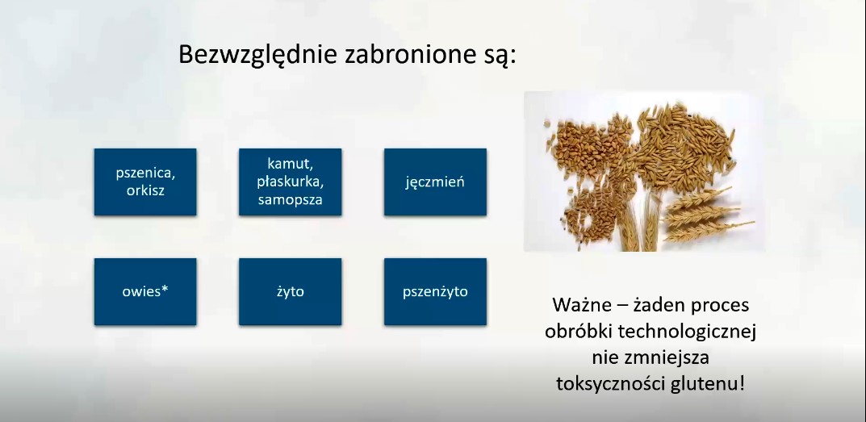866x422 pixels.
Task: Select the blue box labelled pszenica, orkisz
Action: [x=145, y=182]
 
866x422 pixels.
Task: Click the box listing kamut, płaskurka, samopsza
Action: [x=290, y=182]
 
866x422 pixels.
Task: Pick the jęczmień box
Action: [x=435, y=182]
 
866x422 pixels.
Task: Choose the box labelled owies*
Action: [x=145, y=291]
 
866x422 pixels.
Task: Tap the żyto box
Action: [x=290, y=291]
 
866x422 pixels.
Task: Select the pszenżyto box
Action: [x=435, y=291]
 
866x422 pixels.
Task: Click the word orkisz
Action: [x=145, y=190]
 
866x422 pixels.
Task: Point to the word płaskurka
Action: [x=290, y=182]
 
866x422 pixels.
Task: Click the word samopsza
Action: [x=290, y=200]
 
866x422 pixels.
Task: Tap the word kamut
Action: [x=290, y=164]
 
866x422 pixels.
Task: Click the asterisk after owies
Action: [x=165, y=288]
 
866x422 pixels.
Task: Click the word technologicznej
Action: [x=687, y=332]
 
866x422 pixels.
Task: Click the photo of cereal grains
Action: [x=645, y=172]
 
